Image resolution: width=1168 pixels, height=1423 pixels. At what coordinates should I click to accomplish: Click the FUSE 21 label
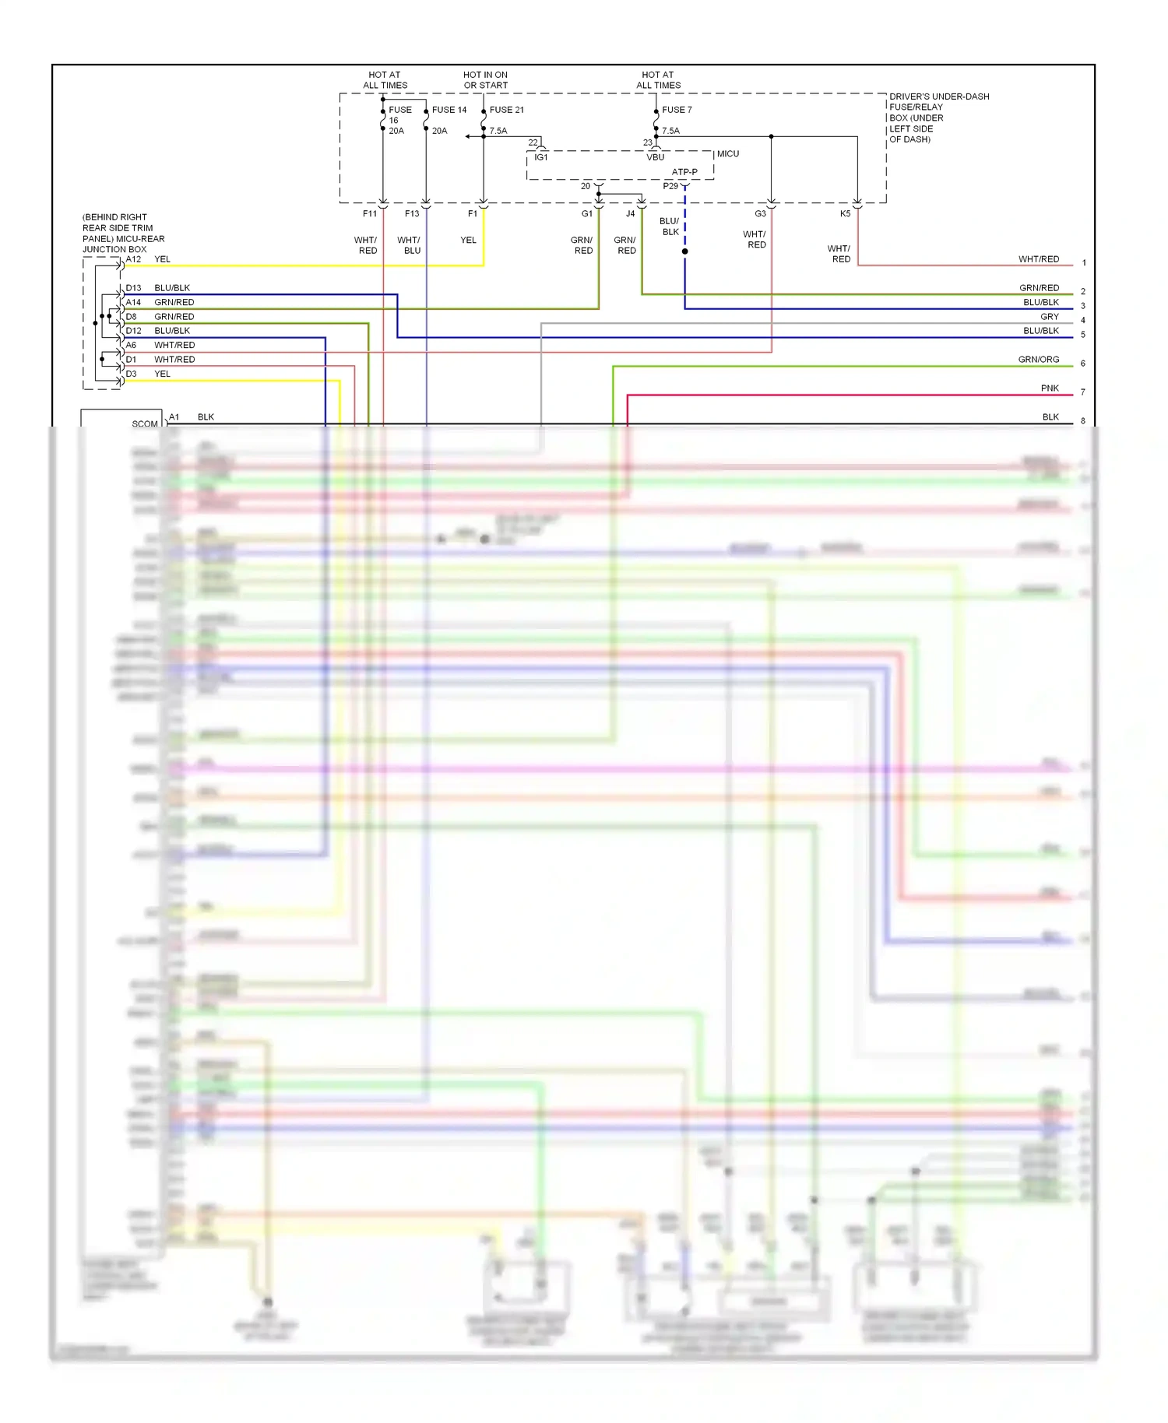(506, 110)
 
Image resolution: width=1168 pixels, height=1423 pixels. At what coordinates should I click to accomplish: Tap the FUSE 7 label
(676, 110)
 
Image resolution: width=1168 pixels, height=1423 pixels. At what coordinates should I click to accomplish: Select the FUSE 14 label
(449, 110)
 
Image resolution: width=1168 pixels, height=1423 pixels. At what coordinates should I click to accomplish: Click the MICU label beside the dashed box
(727, 154)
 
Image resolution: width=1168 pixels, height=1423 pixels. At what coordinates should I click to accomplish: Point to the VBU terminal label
(656, 157)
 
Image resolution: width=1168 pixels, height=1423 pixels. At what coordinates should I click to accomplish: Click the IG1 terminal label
(541, 157)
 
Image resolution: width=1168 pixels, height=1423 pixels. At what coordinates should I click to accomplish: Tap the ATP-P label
(684, 172)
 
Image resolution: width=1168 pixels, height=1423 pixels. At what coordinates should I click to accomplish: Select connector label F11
(370, 213)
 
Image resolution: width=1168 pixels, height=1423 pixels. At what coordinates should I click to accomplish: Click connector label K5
(845, 213)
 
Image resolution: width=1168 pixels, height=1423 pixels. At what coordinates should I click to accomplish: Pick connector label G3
(760, 213)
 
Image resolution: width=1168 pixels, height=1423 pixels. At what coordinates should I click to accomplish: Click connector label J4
(630, 213)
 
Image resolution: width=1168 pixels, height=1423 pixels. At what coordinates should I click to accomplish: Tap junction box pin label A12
(134, 259)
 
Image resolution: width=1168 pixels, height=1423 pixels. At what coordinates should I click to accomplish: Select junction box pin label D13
(134, 288)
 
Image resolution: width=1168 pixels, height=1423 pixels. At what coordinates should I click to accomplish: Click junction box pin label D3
(132, 374)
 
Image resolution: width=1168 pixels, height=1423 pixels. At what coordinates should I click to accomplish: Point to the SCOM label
(145, 424)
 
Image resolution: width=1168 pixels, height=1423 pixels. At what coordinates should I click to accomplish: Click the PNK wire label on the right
(1050, 388)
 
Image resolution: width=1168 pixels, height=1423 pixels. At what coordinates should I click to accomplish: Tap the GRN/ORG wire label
(1039, 360)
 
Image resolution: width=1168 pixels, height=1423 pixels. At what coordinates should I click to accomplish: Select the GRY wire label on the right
(1050, 317)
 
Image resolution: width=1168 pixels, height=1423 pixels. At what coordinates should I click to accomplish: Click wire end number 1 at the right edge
(1083, 263)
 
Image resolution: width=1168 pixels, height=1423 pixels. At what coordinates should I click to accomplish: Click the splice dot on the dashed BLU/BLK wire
(685, 251)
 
